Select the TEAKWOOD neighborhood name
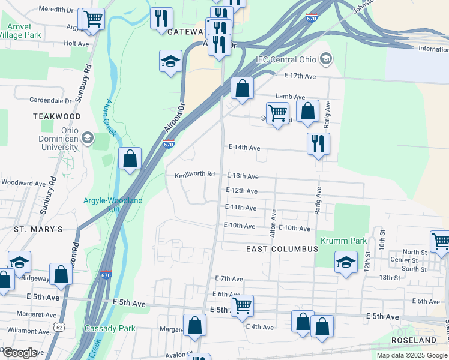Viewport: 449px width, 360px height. point(57,116)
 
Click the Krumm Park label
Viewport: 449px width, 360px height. point(343,241)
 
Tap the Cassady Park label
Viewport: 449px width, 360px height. point(110,328)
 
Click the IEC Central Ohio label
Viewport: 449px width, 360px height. point(286,58)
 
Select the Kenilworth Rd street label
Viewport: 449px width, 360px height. point(195,175)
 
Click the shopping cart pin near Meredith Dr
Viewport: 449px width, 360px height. point(92,19)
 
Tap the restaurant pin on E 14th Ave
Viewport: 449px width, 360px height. point(318,143)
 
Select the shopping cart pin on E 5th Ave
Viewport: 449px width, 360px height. point(242,305)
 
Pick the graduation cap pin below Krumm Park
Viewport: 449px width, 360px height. point(346,263)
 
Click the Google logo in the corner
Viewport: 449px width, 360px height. point(20,353)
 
